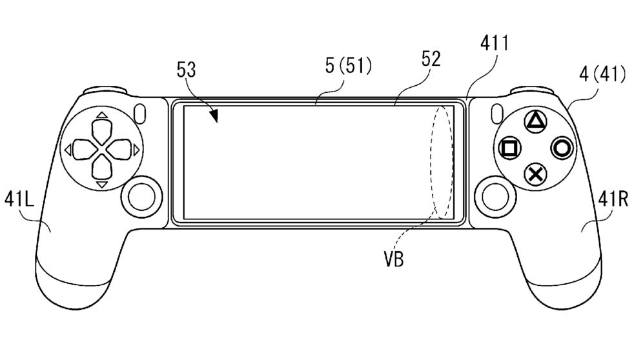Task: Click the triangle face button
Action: click(x=535, y=121)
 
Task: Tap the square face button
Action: click(x=510, y=148)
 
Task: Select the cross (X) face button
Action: click(x=535, y=175)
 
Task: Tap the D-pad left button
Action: click(x=86, y=149)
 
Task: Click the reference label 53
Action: click(x=186, y=70)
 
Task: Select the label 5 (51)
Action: click(x=348, y=65)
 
